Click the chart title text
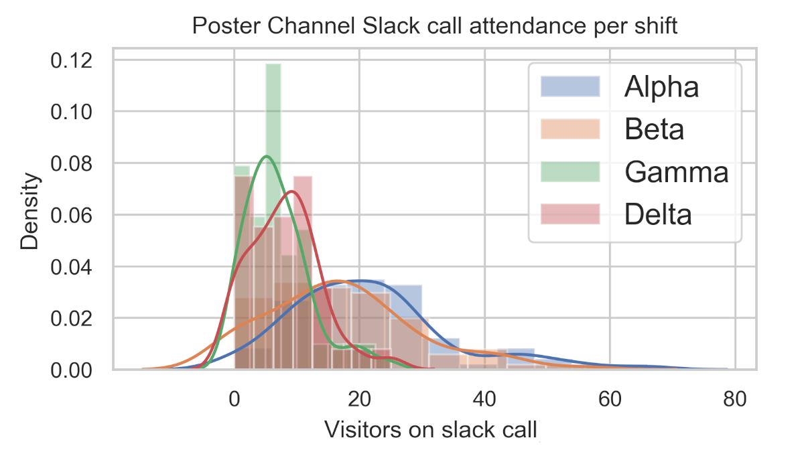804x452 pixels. (x=435, y=26)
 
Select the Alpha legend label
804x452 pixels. (x=661, y=87)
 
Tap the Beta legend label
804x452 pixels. (x=654, y=129)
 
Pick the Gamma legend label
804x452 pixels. (x=676, y=172)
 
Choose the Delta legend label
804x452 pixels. (x=657, y=215)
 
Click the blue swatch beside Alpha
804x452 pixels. (x=569, y=87)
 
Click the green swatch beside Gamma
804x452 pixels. (x=569, y=172)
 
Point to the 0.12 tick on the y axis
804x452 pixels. (x=71, y=60)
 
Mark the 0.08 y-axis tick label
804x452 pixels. (x=71, y=163)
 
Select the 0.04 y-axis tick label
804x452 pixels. (x=71, y=267)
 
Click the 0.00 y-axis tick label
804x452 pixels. (x=71, y=370)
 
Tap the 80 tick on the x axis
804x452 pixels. (x=735, y=399)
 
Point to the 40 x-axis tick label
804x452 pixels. (x=484, y=399)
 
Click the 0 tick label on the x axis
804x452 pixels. (x=234, y=399)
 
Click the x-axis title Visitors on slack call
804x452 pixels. (x=431, y=429)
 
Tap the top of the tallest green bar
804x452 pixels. (x=273, y=64)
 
